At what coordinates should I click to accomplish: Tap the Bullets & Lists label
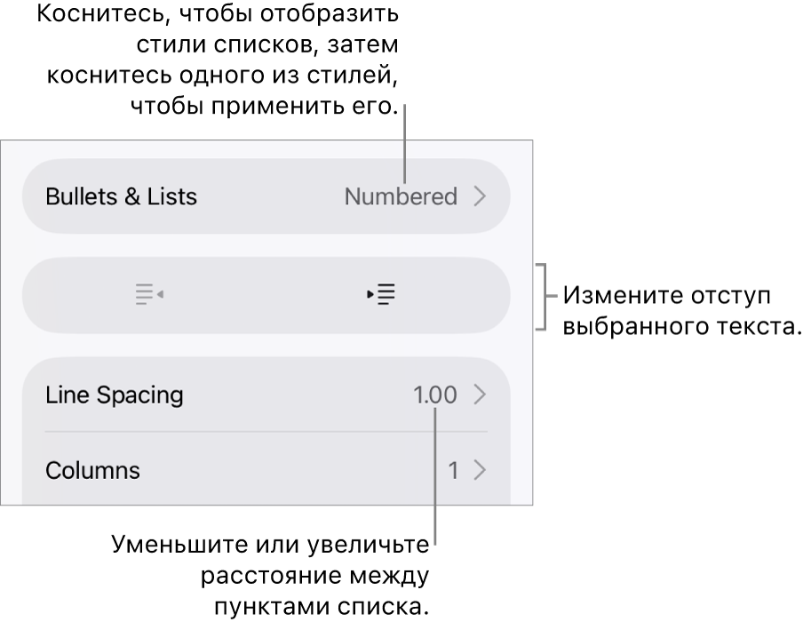[x=121, y=196]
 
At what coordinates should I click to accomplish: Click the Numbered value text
[x=401, y=196]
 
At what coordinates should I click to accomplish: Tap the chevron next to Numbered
[x=481, y=196]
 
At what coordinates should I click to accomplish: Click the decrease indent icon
[x=149, y=294]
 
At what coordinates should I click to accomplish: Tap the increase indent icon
[x=381, y=294]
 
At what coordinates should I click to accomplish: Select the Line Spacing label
[x=115, y=395]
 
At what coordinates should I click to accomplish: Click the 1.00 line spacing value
[x=435, y=395]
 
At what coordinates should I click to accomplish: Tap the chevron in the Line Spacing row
[x=481, y=395]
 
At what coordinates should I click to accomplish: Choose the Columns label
[x=92, y=470]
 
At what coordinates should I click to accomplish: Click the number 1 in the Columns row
[x=453, y=471]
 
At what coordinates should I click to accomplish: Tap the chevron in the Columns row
[x=481, y=470]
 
